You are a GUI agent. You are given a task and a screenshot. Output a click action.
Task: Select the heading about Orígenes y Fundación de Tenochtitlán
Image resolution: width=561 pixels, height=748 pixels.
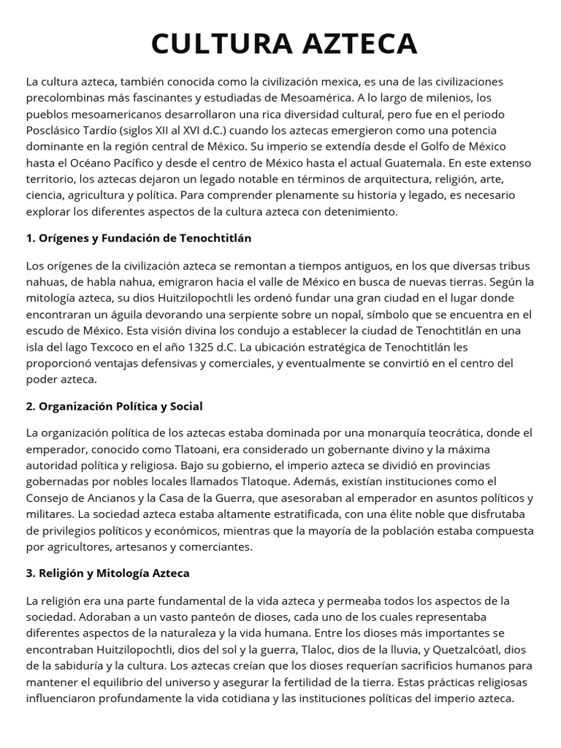pyautogui.click(x=139, y=238)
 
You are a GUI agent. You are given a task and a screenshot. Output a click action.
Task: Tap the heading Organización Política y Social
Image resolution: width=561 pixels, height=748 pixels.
pyautogui.click(x=114, y=405)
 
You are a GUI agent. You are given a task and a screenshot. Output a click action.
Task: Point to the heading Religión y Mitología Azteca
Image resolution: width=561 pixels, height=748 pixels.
pyautogui.click(x=107, y=573)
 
